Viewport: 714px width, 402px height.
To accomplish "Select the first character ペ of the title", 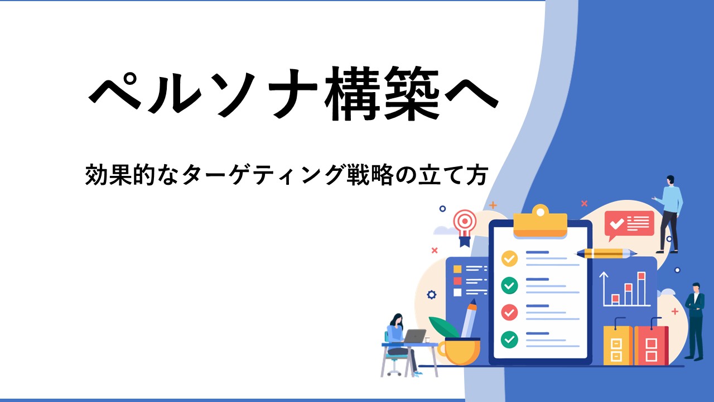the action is [115, 93].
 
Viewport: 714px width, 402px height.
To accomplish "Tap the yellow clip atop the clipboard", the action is [541, 222].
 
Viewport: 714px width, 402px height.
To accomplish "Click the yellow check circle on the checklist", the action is [509, 259].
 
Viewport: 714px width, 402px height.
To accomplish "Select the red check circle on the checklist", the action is [509, 312].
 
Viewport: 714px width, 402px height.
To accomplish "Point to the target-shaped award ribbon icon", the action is [465, 227].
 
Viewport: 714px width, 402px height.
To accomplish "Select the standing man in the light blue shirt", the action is [668, 214].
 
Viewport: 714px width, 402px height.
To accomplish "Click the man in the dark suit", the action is [695, 322].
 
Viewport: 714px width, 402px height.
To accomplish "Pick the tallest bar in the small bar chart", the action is [641, 289].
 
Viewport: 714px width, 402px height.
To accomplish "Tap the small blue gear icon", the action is [432, 295].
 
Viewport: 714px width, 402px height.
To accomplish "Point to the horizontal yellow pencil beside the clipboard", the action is [606, 253].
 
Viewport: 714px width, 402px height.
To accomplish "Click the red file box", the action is [651, 345].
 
